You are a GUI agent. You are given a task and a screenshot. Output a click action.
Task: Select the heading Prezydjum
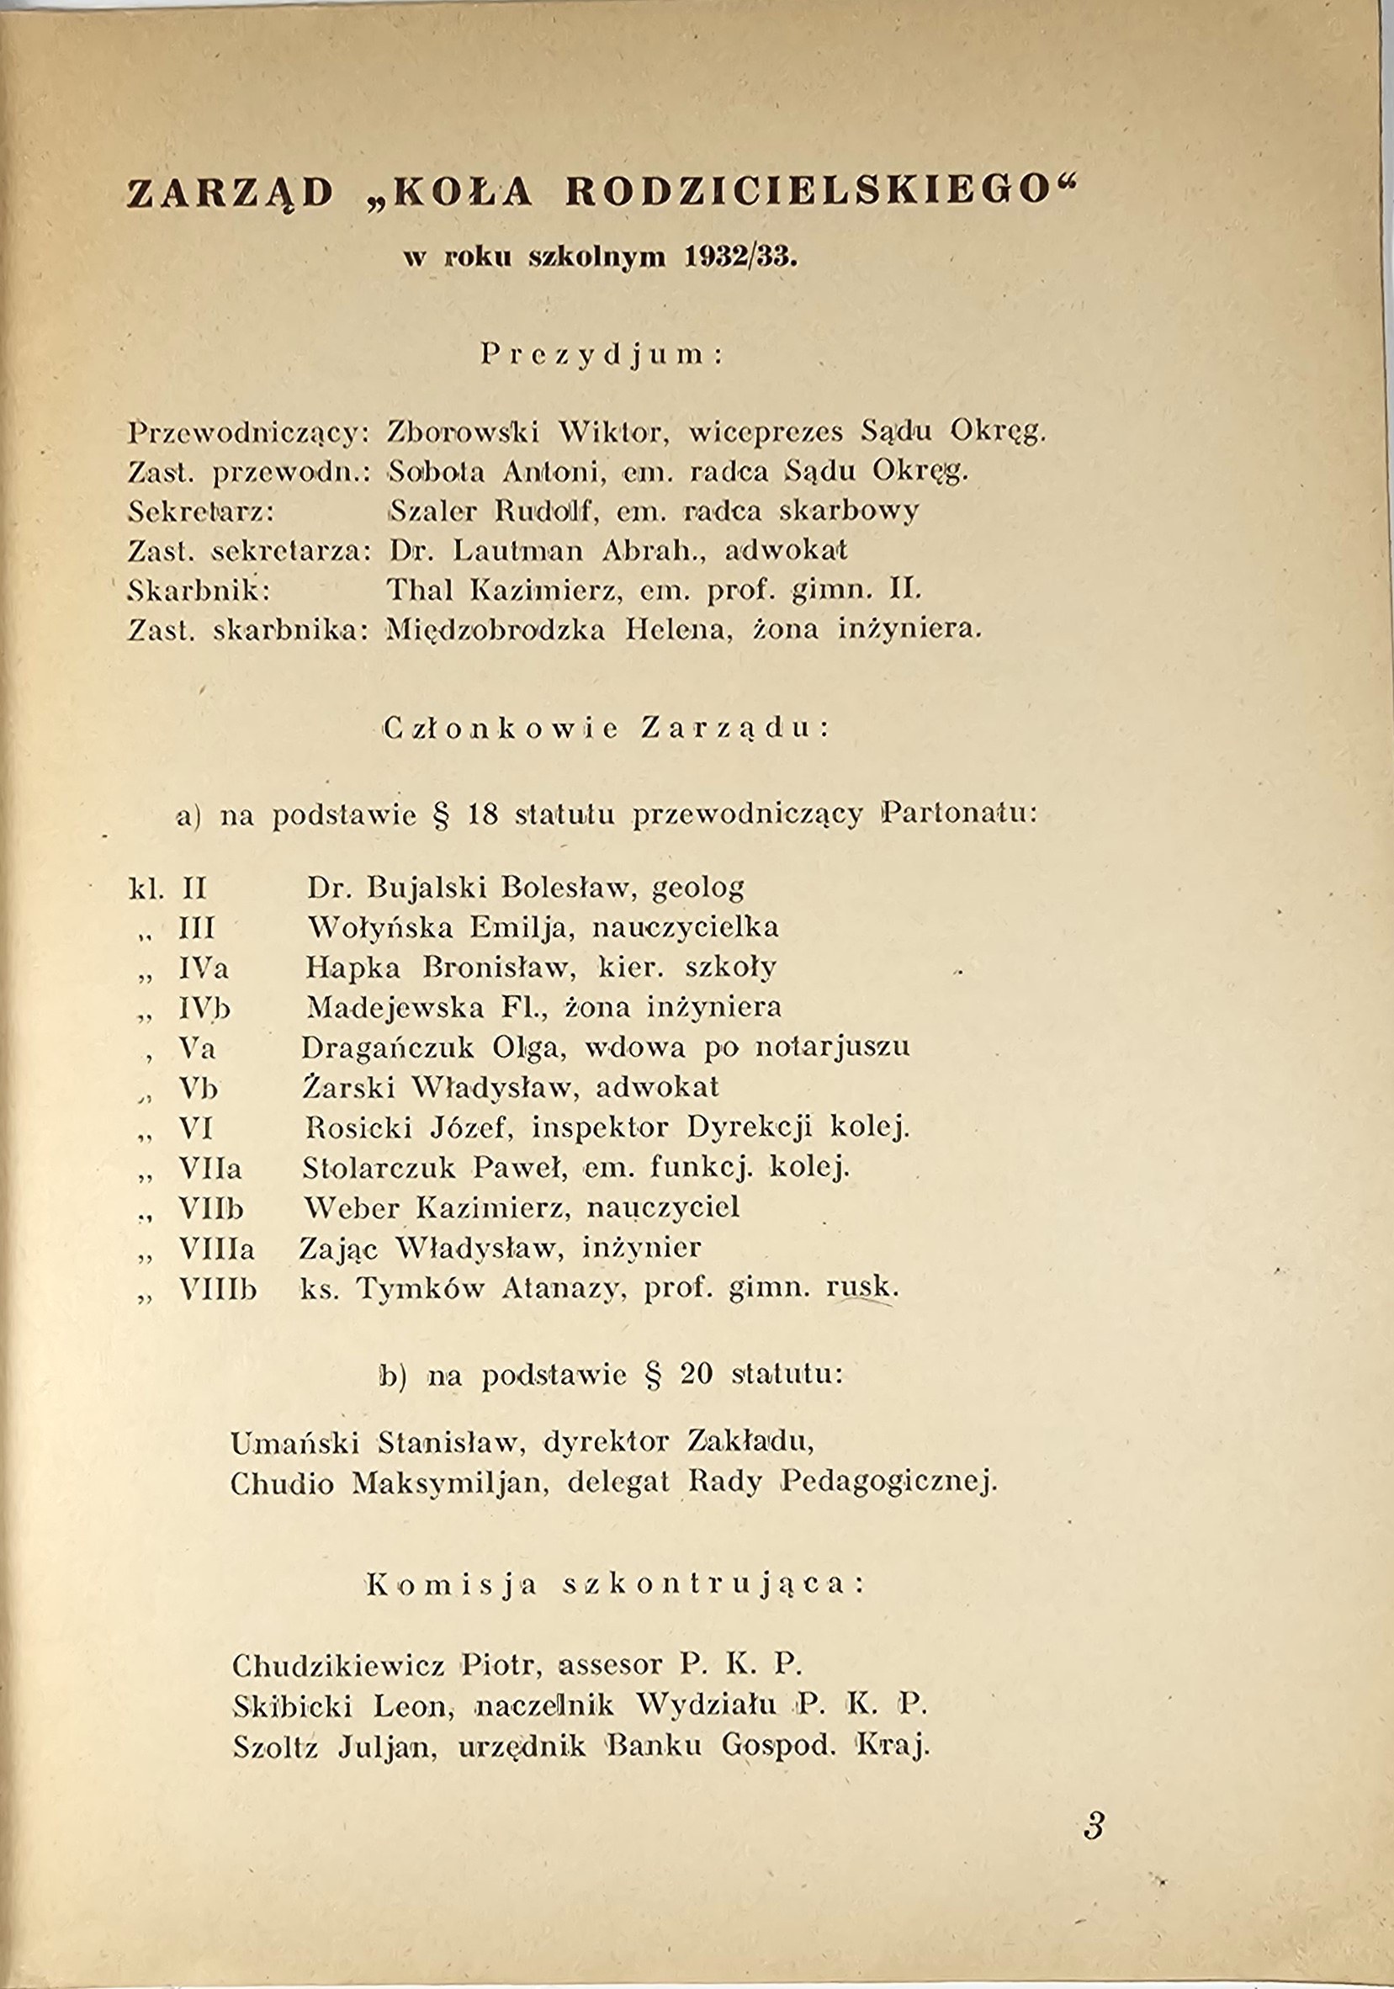602,356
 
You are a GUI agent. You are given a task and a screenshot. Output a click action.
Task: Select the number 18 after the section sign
482,816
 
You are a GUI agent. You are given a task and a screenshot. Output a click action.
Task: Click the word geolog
697,888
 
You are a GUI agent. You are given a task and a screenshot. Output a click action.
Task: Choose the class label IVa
204,968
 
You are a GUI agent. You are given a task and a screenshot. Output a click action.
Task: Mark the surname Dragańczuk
387,1048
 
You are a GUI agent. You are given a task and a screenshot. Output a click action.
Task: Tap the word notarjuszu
833,1048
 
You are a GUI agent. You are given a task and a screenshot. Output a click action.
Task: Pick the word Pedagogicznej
889,1484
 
